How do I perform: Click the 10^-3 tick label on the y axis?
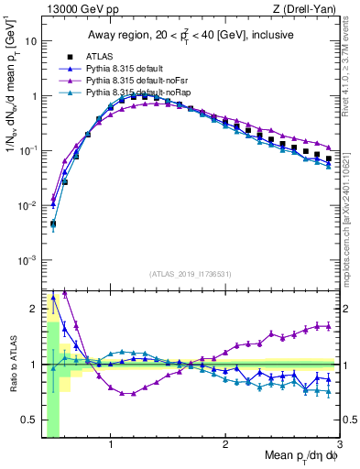pos(28,260)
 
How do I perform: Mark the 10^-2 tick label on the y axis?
pos(28,205)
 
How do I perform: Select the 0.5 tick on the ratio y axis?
pos(29,420)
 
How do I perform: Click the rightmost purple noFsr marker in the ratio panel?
pos(329,326)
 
